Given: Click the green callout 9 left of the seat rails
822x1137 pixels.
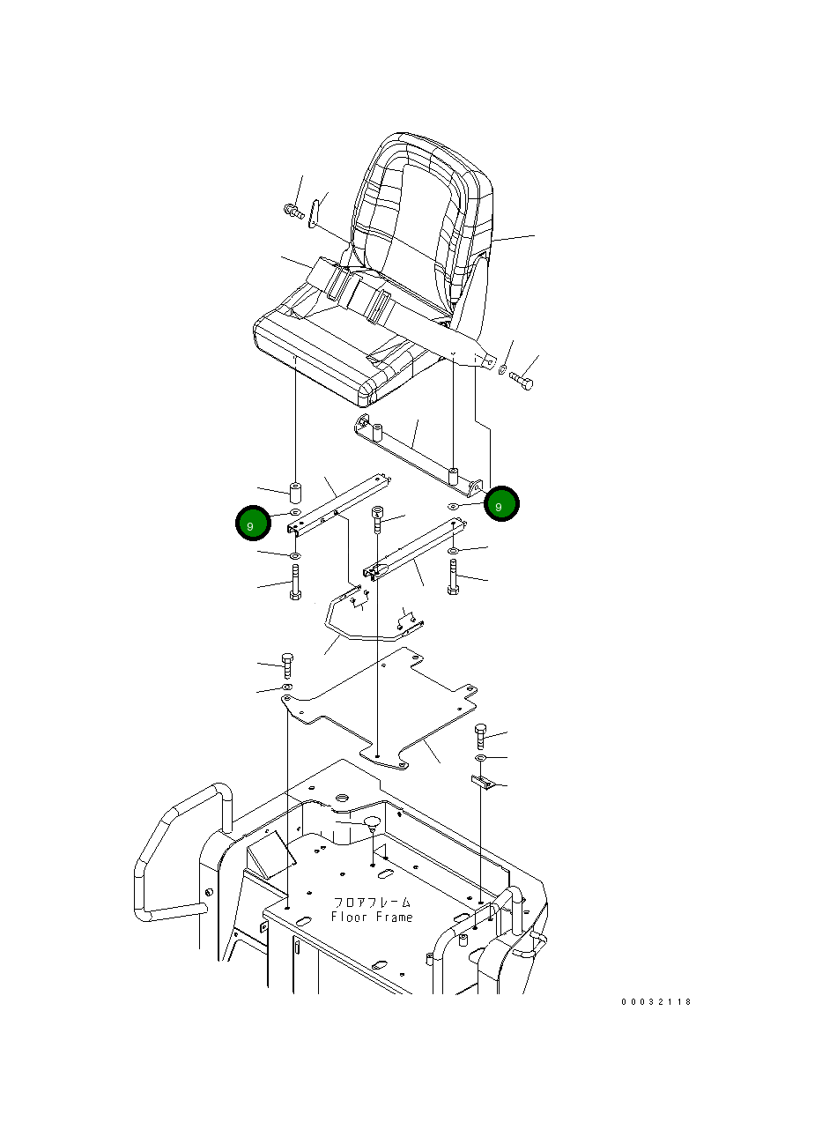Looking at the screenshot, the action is [253, 523].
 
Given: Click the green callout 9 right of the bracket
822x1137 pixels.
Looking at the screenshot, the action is [501, 503].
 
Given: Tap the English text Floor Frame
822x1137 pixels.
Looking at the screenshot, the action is [372, 918].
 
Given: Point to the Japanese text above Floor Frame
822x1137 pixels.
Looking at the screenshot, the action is [372, 903].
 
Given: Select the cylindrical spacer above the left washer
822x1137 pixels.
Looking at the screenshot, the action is [295, 493].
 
